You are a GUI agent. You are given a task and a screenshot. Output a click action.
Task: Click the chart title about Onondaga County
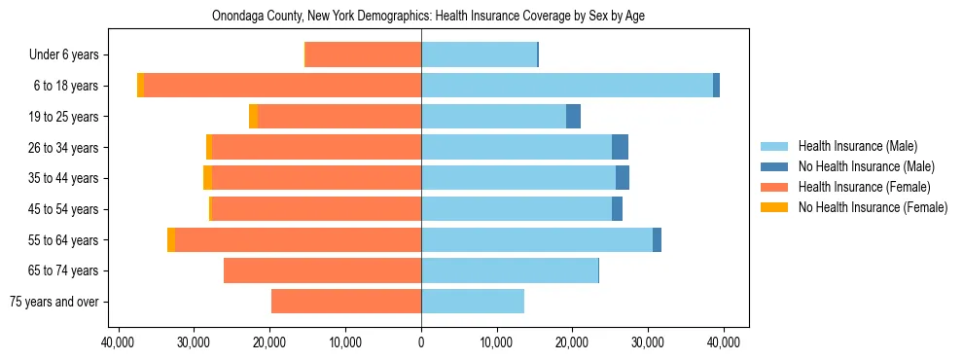coord(428,16)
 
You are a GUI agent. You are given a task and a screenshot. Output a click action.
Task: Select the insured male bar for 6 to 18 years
coord(567,86)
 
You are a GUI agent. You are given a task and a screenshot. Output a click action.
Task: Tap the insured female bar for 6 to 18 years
coord(282,86)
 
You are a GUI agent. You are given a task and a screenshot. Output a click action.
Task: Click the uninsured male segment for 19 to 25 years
coord(574,117)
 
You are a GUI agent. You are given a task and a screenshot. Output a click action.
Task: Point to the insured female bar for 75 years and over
coord(346,302)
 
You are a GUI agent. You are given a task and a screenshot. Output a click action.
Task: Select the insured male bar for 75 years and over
coord(473,302)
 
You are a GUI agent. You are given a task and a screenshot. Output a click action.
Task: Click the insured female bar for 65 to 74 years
coord(322,270)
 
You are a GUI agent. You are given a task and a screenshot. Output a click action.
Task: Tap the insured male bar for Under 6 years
coord(479,54)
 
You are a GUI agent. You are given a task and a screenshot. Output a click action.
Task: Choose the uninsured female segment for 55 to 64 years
coord(171,239)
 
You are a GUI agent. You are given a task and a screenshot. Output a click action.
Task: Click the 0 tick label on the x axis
coord(421,342)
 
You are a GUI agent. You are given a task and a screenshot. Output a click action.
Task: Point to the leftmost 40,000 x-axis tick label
coord(119,342)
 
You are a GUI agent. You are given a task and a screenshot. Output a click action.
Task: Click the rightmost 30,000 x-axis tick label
coord(648,342)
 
